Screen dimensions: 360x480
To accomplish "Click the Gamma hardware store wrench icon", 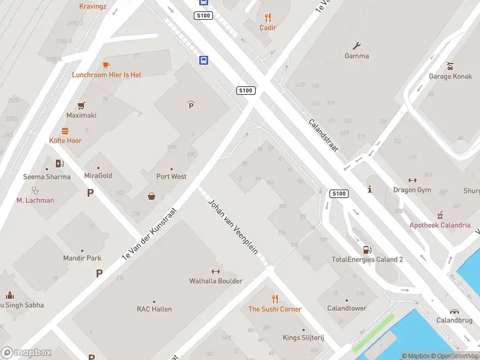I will [357, 46].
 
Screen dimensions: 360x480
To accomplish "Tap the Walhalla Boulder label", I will [216, 281].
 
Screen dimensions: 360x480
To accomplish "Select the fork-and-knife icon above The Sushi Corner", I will [275, 299].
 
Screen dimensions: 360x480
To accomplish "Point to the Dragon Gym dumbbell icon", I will [412, 180].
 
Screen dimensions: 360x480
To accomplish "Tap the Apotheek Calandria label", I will [440, 225].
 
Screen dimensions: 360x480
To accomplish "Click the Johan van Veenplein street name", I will [233, 226].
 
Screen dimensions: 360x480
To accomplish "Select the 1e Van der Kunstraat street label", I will [150, 233].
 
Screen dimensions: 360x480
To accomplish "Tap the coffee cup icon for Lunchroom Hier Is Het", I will [106, 65].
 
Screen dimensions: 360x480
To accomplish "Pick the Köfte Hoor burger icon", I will [65, 130].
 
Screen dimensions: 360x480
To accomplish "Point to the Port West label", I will [172, 176].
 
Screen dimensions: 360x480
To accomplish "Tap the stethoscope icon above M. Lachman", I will [35, 190].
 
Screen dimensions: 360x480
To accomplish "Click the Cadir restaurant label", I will [268, 28].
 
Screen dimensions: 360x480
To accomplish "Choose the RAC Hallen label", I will [154, 309].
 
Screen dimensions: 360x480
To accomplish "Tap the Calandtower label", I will [347, 308].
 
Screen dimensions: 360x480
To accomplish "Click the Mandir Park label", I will [82, 258].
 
